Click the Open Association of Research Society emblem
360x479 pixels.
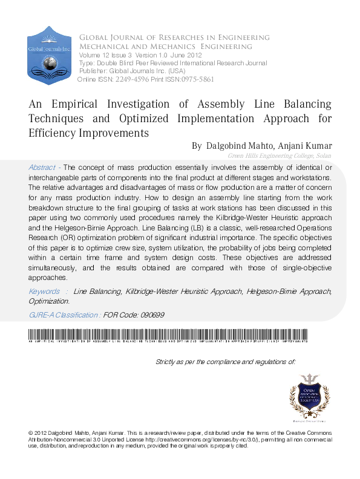310,396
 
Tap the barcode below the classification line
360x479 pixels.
168,335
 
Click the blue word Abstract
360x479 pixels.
42,167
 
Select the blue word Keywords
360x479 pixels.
44,292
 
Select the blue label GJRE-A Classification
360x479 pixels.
65,315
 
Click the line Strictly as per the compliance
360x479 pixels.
225,362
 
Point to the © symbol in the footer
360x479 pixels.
31,434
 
